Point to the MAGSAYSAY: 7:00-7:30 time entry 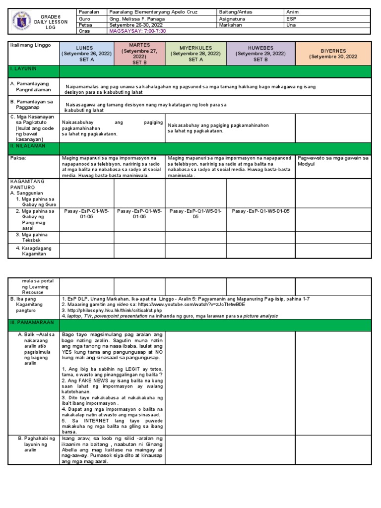(x=137, y=30)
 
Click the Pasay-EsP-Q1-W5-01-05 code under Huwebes (x=260, y=211)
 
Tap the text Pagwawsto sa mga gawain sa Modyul (x=333, y=161)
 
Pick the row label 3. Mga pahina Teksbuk (x=34, y=237)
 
